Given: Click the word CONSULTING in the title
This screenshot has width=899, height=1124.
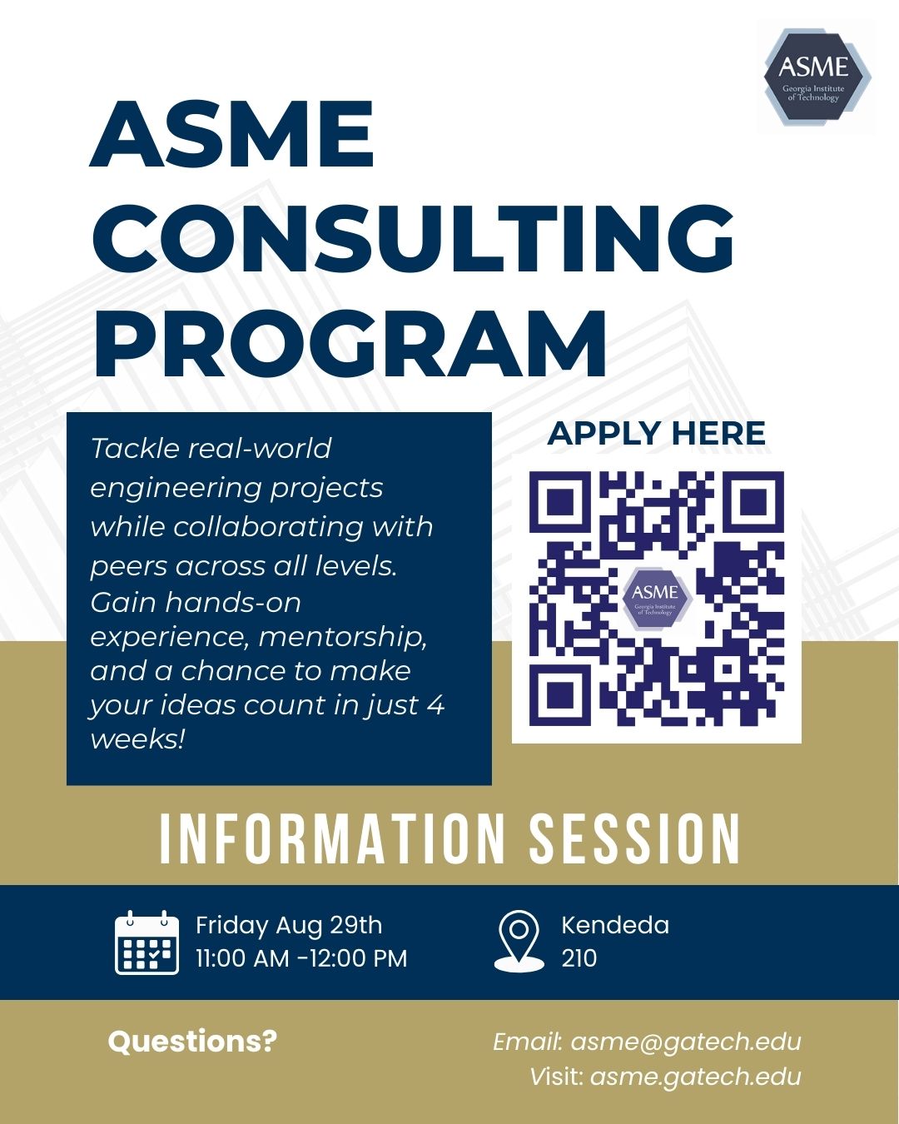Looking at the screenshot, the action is pyautogui.click(x=414, y=238).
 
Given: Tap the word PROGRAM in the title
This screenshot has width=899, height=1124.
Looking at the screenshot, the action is pyautogui.click(x=350, y=343).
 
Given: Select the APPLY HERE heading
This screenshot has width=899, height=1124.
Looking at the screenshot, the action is pyautogui.click(x=656, y=433).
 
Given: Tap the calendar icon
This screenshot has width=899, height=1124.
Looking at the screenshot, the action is pyautogui.click(x=147, y=942).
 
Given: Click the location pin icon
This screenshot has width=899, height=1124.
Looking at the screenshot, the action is pyautogui.click(x=519, y=941).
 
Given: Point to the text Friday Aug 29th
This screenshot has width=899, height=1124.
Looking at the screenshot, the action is pyautogui.click(x=289, y=925).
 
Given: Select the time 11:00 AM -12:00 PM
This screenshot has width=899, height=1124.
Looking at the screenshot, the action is pyautogui.click(x=301, y=958).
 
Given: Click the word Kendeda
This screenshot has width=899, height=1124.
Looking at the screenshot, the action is pyautogui.click(x=615, y=925).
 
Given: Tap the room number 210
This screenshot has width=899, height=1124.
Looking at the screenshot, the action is pyautogui.click(x=579, y=958).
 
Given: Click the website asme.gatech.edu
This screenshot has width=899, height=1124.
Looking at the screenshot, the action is pyautogui.click(x=695, y=1077).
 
